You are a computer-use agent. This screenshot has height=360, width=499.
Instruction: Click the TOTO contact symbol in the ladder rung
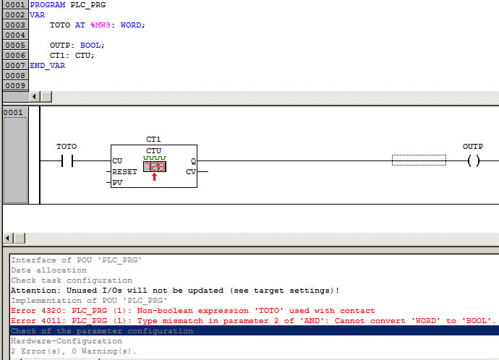[x=67, y=160]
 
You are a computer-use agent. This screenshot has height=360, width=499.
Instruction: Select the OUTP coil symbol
[x=474, y=160]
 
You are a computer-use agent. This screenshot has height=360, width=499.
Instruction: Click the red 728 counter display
[x=154, y=166]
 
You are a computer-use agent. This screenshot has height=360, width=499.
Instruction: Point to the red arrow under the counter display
[x=154, y=177]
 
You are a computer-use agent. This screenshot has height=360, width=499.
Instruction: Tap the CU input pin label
[x=117, y=161]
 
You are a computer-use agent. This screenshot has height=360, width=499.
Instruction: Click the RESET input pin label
[x=124, y=172]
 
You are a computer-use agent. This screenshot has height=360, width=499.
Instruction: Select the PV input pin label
[x=117, y=183]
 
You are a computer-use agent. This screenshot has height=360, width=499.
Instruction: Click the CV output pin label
[x=191, y=172]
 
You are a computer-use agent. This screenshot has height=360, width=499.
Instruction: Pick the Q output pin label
[x=193, y=161]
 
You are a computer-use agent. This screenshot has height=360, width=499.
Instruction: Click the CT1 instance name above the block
[x=153, y=140]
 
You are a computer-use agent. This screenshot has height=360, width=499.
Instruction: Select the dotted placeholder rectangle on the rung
[x=419, y=160]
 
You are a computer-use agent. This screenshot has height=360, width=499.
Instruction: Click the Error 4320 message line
[x=192, y=310]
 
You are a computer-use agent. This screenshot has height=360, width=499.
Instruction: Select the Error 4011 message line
[x=253, y=320]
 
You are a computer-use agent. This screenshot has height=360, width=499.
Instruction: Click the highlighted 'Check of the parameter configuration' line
[x=102, y=330]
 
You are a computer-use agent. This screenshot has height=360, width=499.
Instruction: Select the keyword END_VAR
[x=47, y=65]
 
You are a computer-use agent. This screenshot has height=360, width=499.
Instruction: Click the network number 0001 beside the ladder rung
[x=14, y=112]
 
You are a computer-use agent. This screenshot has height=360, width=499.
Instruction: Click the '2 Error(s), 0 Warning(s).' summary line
[x=74, y=351]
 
